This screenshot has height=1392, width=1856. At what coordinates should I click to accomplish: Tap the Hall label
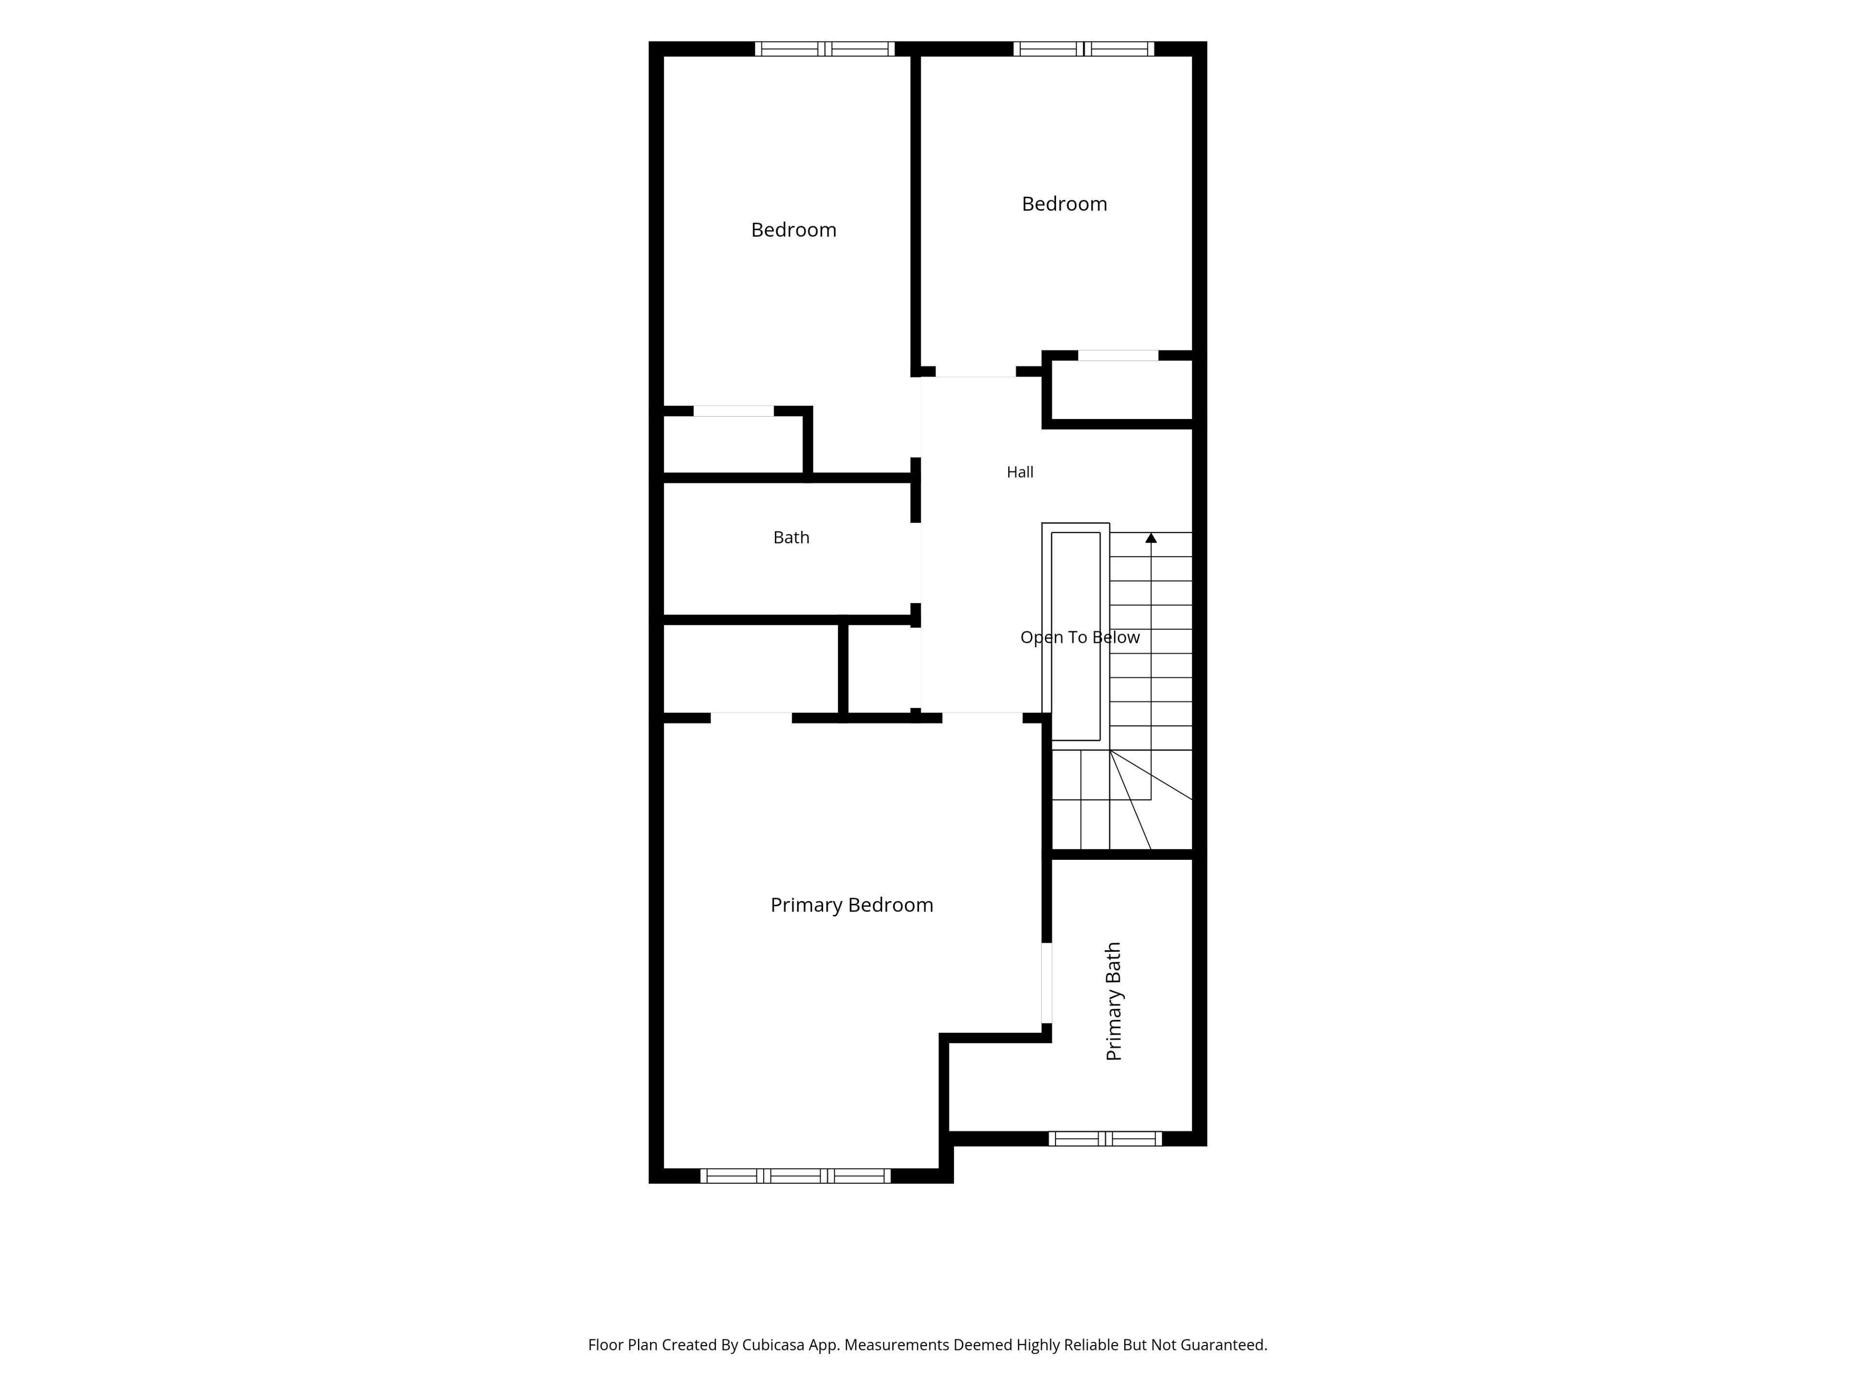pos(1019,472)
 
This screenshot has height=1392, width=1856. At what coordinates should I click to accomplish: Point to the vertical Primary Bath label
pos(1114,1001)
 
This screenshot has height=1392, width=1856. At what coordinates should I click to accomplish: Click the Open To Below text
pos(1080,638)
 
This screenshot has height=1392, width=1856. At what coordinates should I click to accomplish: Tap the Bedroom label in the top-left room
pos(794,230)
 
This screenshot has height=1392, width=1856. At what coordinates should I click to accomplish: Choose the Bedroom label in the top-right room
pos(1064,204)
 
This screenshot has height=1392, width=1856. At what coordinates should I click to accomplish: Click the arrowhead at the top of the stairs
pos(1151,538)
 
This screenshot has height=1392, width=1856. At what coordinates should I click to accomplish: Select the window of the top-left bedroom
pos(825,49)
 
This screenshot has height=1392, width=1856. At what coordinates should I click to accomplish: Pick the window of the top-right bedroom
pos(1083,49)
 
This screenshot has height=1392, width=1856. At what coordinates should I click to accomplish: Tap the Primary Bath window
pos(1105,1139)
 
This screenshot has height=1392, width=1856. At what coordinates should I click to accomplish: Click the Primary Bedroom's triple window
pos(796,1175)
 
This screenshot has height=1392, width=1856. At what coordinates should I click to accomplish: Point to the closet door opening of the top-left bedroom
pos(733,411)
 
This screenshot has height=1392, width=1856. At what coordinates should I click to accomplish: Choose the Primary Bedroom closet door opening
pos(751,717)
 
